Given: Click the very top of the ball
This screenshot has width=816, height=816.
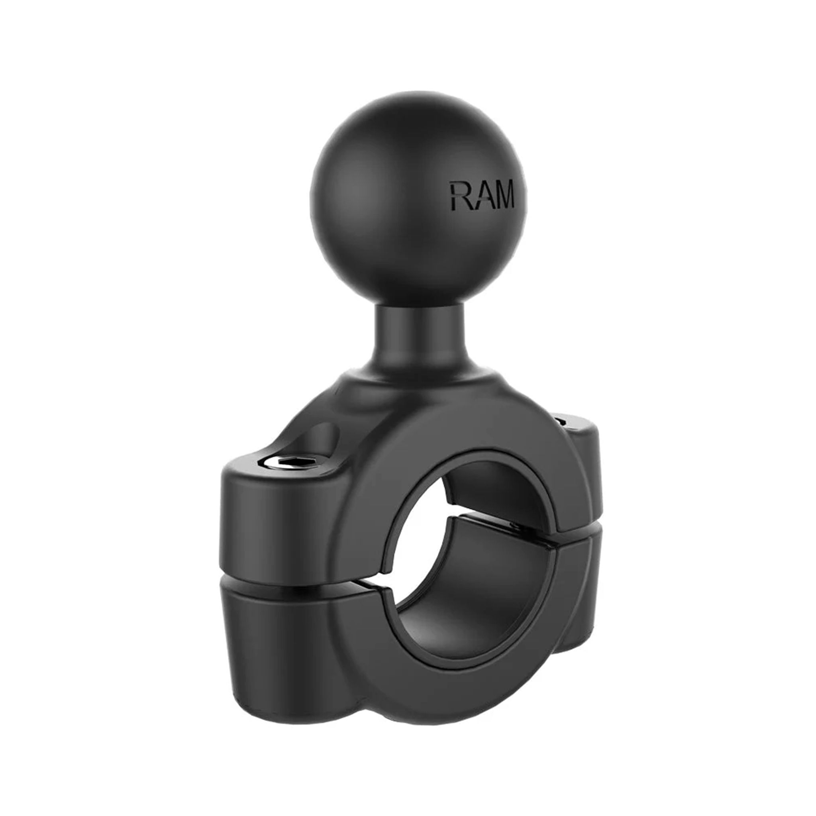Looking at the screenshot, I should [418, 94].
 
